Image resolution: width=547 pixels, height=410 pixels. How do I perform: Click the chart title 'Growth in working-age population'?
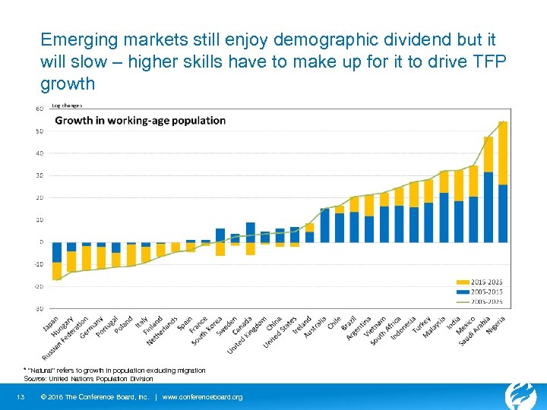click(141, 120)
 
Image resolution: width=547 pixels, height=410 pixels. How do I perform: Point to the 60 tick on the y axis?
click(39, 109)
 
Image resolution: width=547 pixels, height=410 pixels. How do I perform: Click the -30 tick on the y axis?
click(38, 308)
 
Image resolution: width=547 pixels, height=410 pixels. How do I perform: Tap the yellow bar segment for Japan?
click(56, 271)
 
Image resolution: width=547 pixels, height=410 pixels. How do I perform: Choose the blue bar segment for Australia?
click(325, 225)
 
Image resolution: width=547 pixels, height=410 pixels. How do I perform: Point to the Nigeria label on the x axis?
click(496, 326)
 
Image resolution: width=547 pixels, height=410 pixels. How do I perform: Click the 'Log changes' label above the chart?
click(67, 106)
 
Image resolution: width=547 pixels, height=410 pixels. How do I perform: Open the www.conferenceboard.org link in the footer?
click(202, 397)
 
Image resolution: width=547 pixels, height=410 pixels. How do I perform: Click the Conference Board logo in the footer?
click(520, 395)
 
